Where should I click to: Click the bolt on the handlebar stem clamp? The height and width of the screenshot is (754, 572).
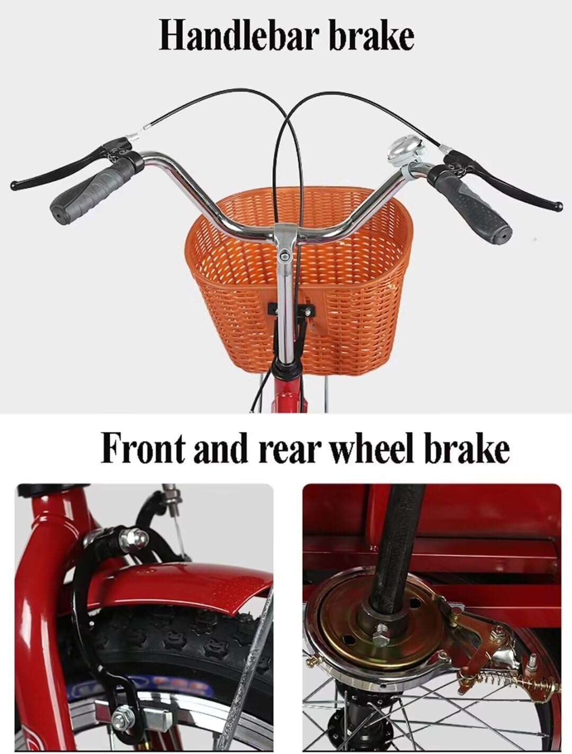click(x=285, y=257)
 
